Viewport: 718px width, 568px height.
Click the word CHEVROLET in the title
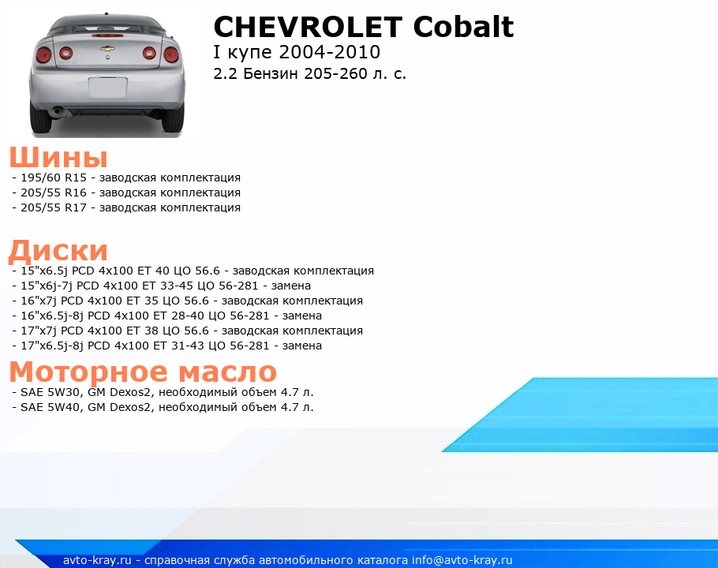click(308, 27)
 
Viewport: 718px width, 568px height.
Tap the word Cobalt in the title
click(463, 27)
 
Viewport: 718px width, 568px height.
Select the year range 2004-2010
click(329, 52)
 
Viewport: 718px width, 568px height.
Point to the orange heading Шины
click(58, 157)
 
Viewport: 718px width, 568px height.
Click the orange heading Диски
click(58, 251)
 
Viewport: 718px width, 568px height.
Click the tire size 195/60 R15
click(54, 177)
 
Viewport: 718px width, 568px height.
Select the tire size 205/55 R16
click(54, 192)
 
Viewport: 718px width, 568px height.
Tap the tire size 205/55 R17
click(54, 207)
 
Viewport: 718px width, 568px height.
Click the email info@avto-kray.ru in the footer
click(462, 560)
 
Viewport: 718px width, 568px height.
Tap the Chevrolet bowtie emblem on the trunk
click(107, 48)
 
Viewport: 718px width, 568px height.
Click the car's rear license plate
click(107, 88)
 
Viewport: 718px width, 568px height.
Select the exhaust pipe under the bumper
click(58, 110)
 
